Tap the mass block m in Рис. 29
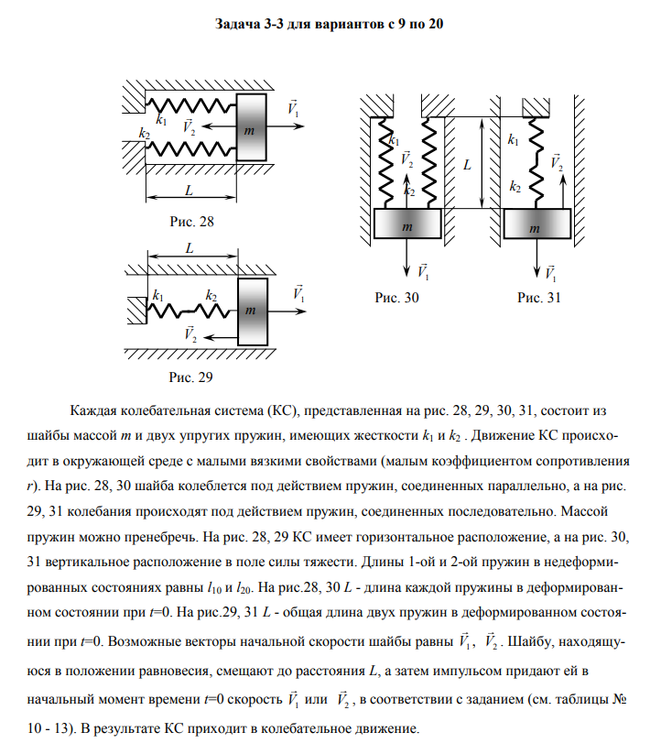point(252,308)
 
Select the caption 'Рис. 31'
point(538,297)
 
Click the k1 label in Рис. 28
point(162,120)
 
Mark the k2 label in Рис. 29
point(211,295)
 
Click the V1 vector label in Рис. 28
point(293,108)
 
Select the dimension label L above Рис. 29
point(190,248)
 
